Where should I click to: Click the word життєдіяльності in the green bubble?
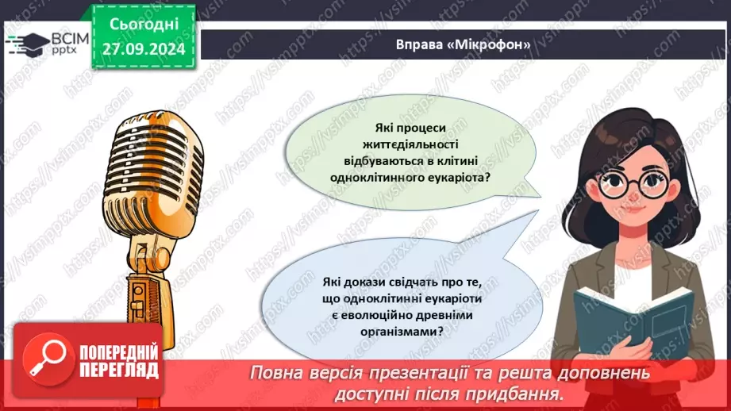point(411,144)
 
